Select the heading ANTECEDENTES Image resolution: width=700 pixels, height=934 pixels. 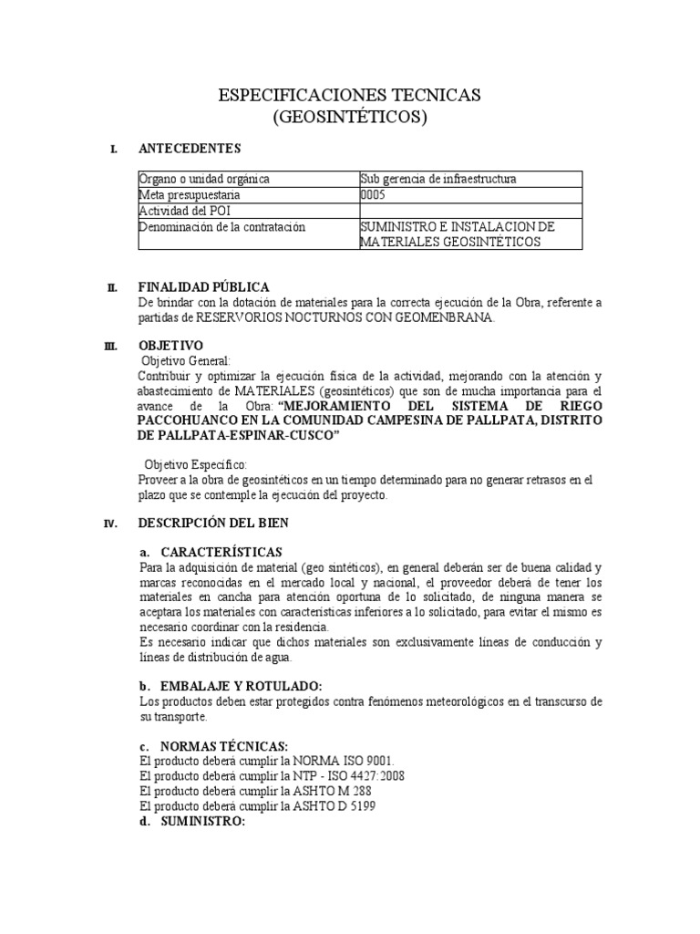189,148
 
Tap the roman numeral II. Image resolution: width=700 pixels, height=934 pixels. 111,288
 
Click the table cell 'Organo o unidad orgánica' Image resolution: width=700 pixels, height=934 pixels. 204,179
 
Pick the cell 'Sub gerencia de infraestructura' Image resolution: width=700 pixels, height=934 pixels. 438,179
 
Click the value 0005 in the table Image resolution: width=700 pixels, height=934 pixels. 374,195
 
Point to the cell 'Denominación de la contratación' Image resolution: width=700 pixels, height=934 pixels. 221,226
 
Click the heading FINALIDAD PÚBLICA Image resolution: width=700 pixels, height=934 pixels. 203,287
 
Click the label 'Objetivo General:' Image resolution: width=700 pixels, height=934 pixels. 187,360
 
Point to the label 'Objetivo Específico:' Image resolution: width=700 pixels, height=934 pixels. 195,464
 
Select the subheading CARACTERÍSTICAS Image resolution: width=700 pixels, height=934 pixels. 221,553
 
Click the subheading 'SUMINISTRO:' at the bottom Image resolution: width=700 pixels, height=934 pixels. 202,821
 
